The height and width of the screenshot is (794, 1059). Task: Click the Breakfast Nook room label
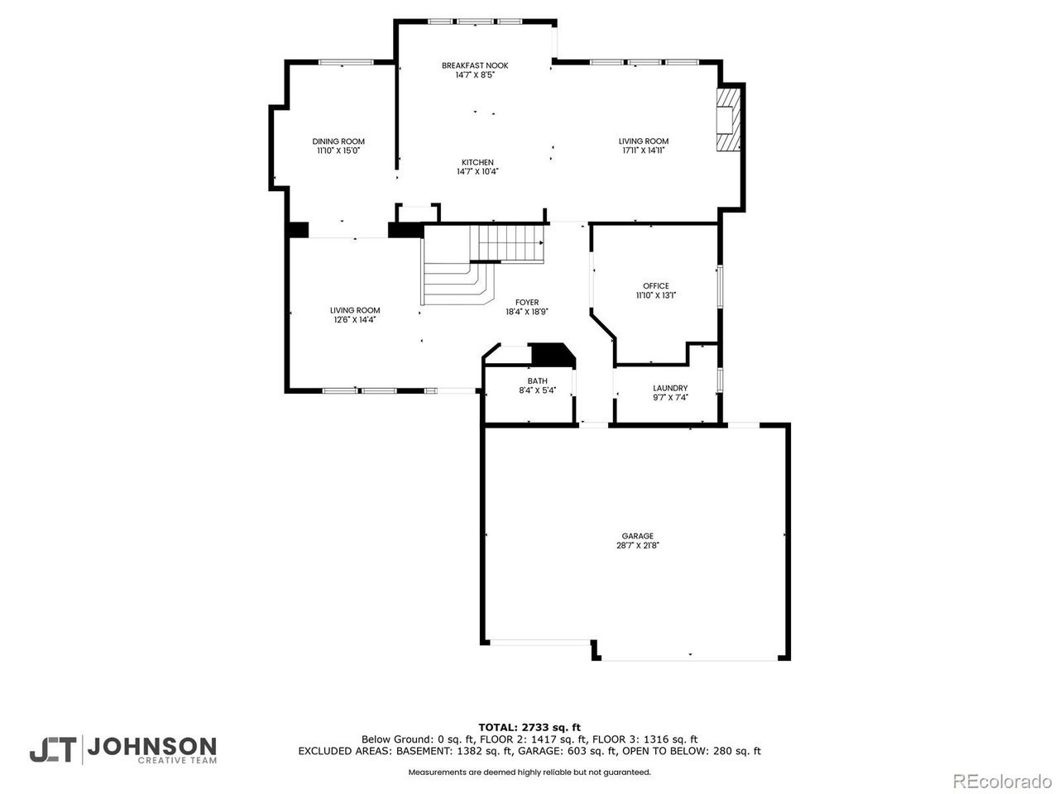pyautogui.click(x=475, y=65)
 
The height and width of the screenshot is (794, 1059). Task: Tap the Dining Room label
pyautogui.click(x=338, y=141)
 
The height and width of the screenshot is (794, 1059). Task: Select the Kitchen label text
pyautogui.click(x=477, y=162)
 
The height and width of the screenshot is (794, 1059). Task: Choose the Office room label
pyautogui.click(x=655, y=286)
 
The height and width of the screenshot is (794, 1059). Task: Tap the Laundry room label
pyautogui.click(x=670, y=388)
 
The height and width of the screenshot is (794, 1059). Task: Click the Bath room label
pyautogui.click(x=538, y=380)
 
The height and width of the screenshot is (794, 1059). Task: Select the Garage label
pyautogui.click(x=637, y=536)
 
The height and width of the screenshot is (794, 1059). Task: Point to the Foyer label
pyautogui.click(x=527, y=302)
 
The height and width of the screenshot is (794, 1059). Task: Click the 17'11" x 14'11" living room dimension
pyautogui.click(x=644, y=151)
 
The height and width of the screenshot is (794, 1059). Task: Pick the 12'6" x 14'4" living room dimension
pyautogui.click(x=355, y=319)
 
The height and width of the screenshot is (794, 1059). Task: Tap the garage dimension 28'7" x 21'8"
pyautogui.click(x=637, y=546)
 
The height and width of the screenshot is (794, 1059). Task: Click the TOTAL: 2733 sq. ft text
pyautogui.click(x=529, y=728)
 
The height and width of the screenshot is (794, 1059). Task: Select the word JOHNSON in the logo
pyautogui.click(x=152, y=747)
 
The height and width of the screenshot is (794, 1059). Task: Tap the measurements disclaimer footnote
pyautogui.click(x=529, y=772)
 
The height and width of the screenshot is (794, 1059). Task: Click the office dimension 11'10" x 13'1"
pyautogui.click(x=655, y=295)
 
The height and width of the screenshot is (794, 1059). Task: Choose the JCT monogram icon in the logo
pyautogui.click(x=53, y=750)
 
